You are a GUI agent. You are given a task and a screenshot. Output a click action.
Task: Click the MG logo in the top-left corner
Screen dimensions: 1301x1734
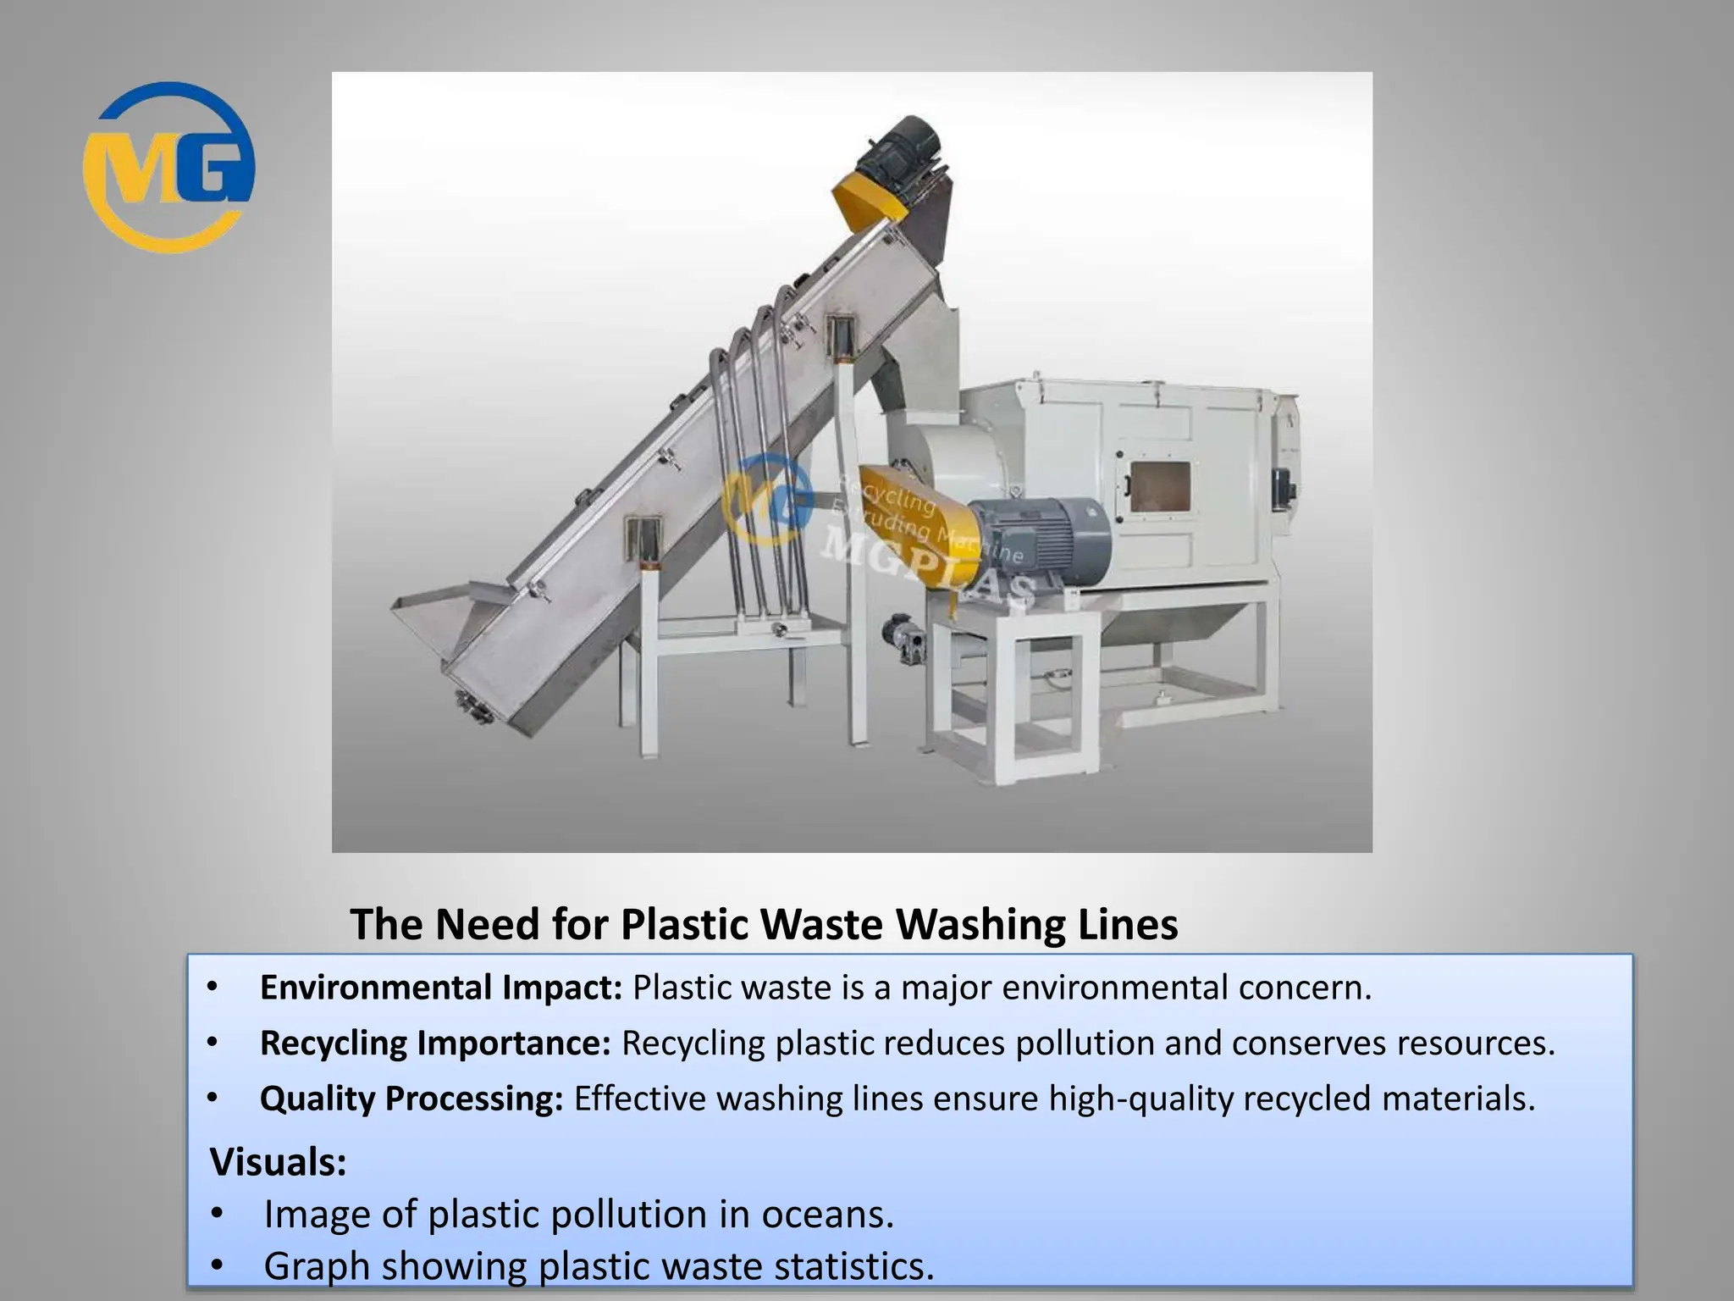168,167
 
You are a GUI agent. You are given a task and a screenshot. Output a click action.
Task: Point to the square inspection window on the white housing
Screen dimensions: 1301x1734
1160,487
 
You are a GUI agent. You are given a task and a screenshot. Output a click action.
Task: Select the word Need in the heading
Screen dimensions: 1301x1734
487,924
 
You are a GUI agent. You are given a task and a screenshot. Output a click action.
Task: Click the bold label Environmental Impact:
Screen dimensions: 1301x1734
441,988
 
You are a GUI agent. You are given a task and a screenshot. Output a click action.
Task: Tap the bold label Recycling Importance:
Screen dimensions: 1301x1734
435,1043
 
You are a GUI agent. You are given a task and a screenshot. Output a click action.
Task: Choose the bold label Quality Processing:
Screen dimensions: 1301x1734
411,1099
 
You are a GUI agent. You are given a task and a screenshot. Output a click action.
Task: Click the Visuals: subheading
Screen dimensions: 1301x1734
279,1161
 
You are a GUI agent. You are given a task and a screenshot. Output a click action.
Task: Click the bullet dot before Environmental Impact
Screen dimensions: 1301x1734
213,988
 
